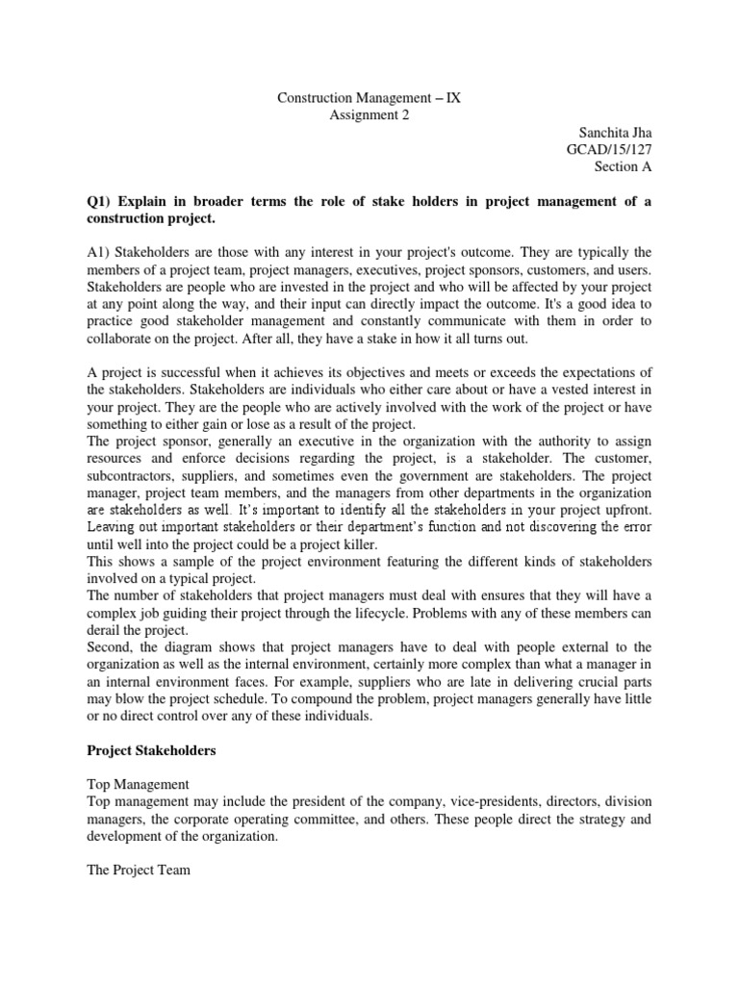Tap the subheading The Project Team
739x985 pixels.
click(x=139, y=870)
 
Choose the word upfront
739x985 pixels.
click(x=624, y=511)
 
